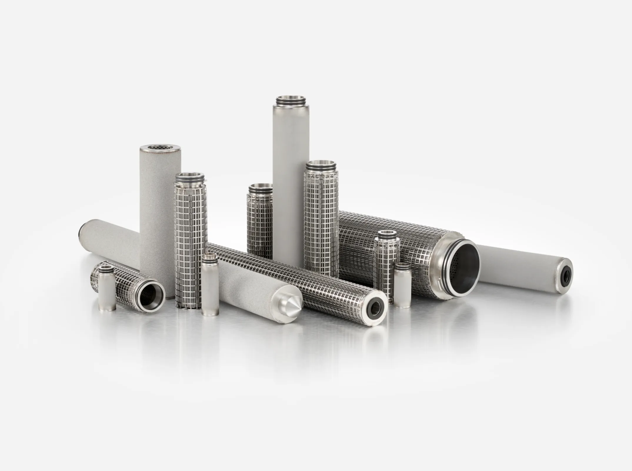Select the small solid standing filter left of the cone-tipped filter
click(210, 281)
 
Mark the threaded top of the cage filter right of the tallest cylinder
click(321, 166)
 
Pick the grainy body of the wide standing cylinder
click(160, 212)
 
